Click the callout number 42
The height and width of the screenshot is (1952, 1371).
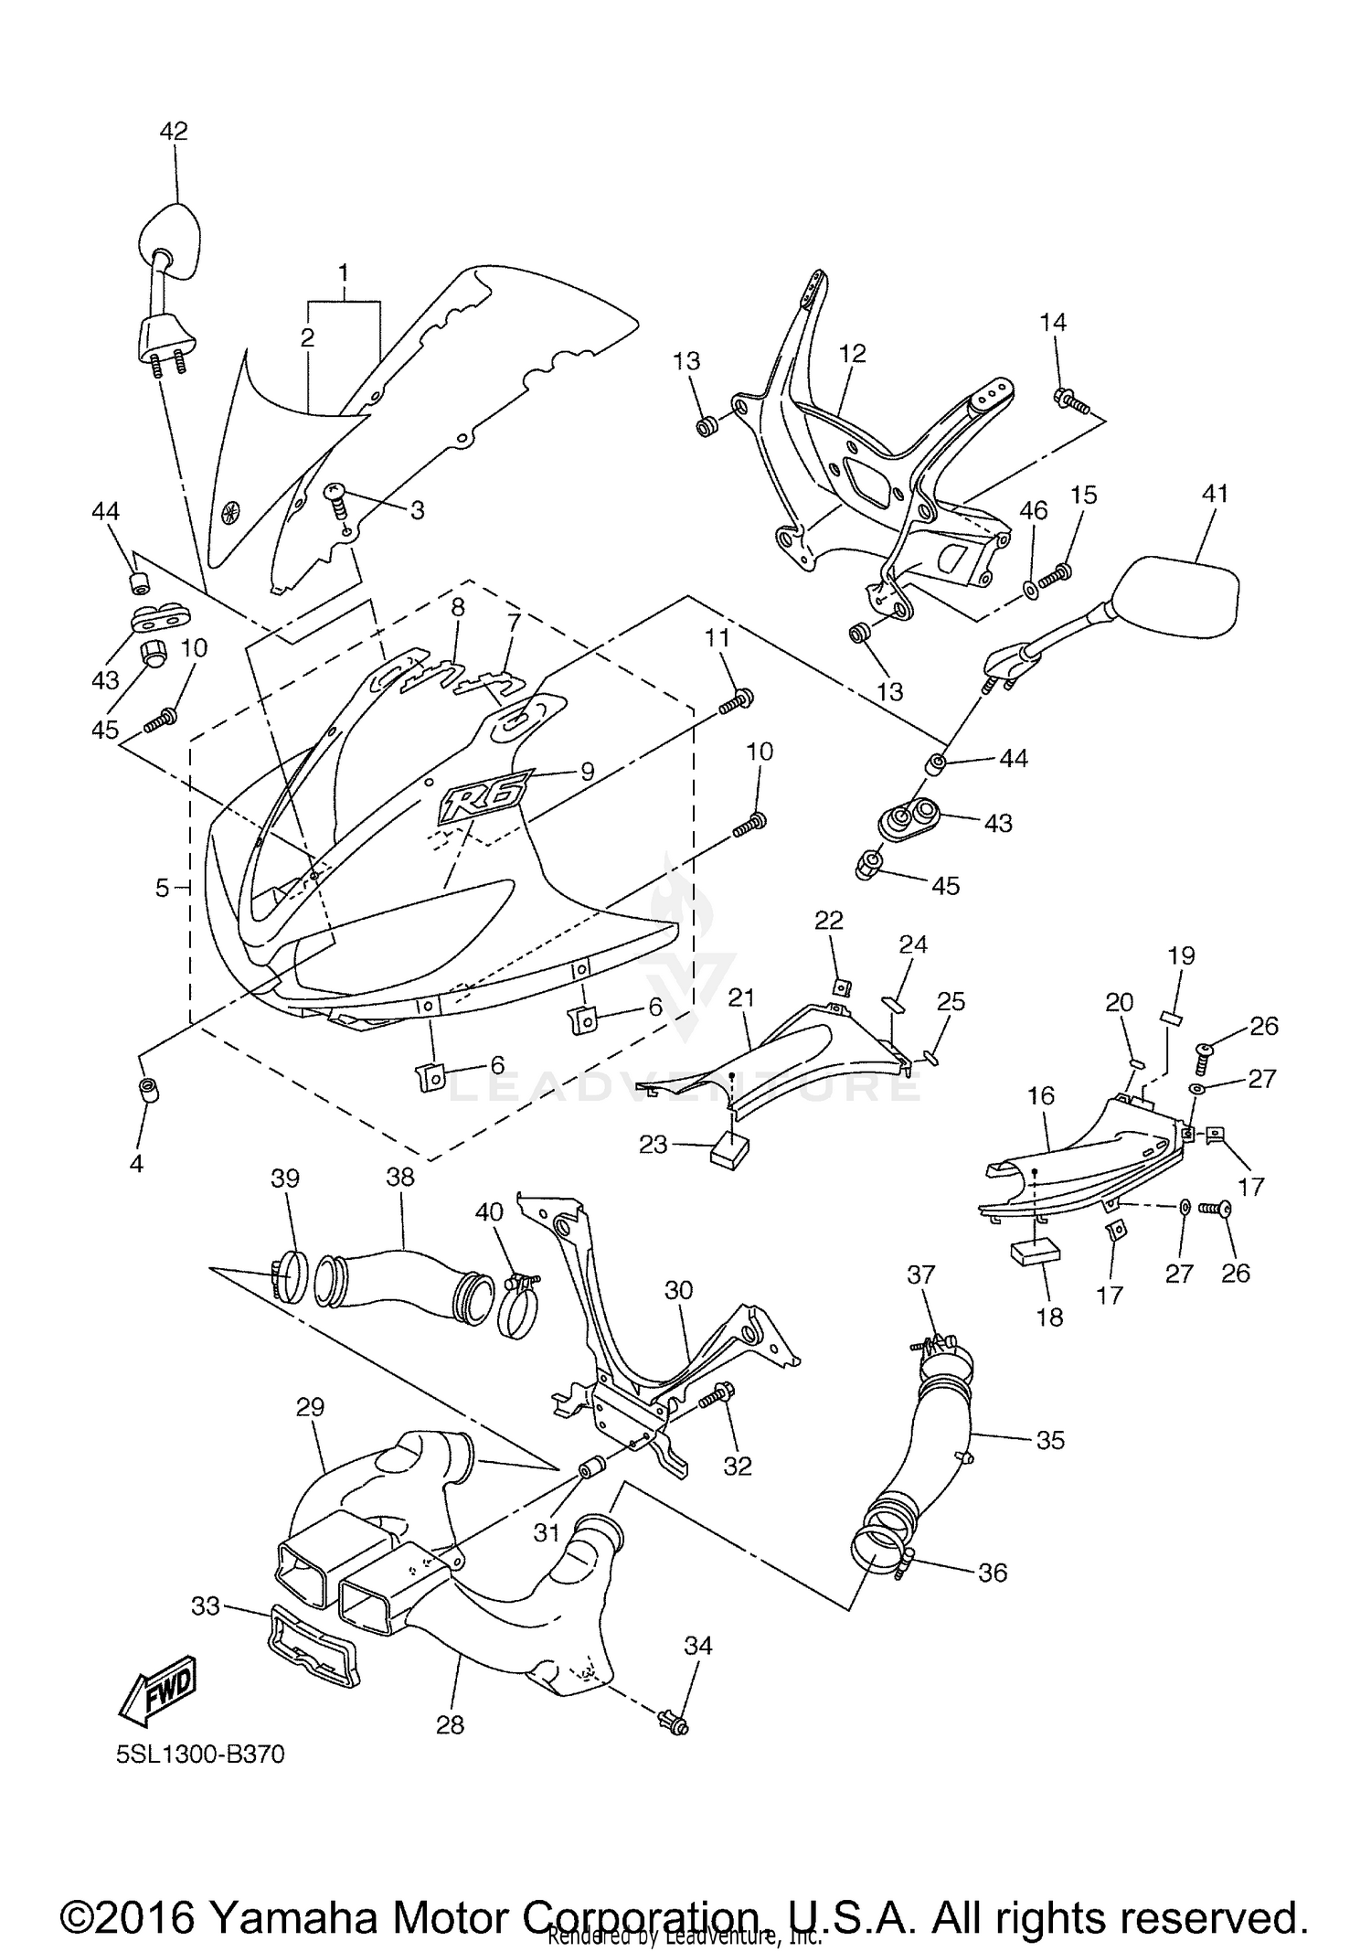coord(174,132)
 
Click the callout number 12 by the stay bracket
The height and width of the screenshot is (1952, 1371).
coord(852,354)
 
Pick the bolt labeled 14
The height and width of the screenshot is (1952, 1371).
coord(1068,400)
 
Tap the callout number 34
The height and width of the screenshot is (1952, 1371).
coord(698,1646)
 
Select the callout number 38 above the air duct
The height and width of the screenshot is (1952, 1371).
coord(400,1178)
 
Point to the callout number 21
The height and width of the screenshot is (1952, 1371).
coord(740,997)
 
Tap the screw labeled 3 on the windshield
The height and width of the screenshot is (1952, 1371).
coord(337,498)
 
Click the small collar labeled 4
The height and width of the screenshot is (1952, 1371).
coord(144,1090)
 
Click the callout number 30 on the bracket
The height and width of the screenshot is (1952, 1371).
coord(678,1291)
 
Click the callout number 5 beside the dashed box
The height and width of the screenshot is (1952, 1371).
coord(162,887)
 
